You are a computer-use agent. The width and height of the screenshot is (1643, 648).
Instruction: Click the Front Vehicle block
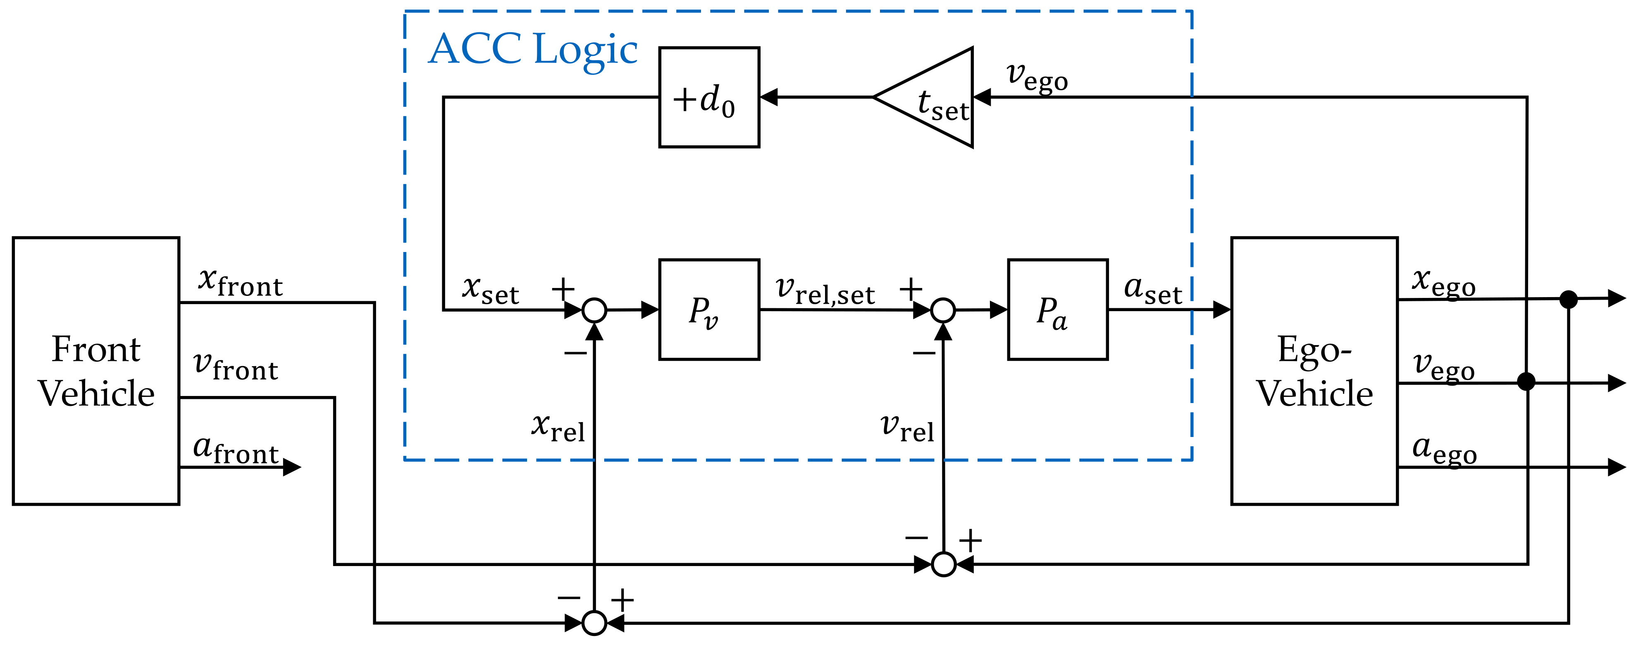(x=95, y=371)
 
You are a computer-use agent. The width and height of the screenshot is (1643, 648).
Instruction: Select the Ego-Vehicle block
(x=1314, y=371)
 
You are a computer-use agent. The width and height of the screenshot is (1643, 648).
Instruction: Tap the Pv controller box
(x=708, y=310)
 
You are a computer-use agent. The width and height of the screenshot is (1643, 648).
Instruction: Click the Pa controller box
(x=1057, y=310)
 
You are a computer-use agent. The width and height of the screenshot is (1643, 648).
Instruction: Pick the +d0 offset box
(x=708, y=97)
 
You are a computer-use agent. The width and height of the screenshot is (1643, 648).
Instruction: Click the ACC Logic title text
(x=532, y=50)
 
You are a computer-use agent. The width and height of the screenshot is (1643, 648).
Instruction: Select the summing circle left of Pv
(x=594, y=310)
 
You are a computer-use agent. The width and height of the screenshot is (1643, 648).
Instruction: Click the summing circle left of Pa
(x=943, y=310)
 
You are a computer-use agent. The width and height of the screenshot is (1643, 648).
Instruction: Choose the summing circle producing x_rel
(x=594, y=622)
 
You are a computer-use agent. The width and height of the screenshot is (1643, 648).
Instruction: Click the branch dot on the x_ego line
(x=1568, y=299)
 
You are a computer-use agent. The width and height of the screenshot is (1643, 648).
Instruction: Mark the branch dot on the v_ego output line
(x=1526, y=382)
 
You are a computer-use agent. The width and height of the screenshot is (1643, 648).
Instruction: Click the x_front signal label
(x=240, y=282)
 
